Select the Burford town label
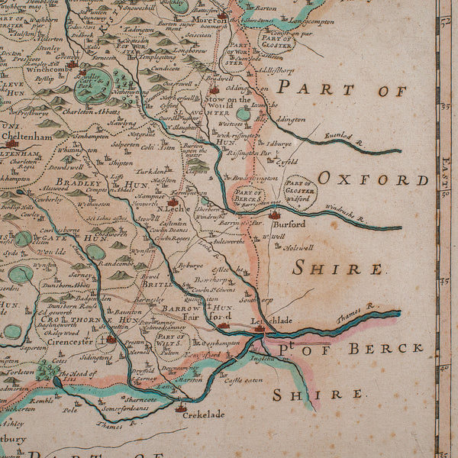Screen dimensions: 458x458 [287, 225]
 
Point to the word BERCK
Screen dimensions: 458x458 [386, 348]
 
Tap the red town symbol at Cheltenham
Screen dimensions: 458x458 [11, 142]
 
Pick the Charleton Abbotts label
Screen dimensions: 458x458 [76, 108]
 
